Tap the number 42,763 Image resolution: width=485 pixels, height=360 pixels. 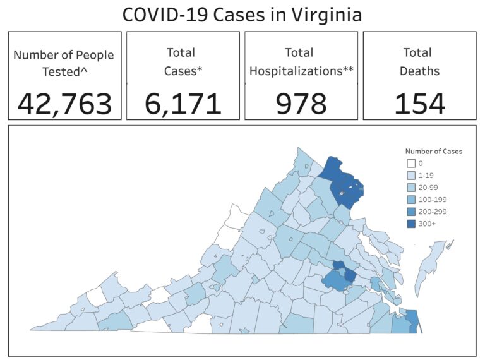coord(64,104)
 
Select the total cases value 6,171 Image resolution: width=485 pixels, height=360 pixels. coord(183,104)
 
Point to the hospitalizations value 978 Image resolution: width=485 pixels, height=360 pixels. coord(301,104)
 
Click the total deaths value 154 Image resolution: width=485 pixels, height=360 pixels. coord(419,104)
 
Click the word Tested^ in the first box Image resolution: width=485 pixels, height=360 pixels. coord(64,72)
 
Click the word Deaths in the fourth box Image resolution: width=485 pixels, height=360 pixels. coord(419,71)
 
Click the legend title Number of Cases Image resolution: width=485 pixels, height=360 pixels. coord(433,152)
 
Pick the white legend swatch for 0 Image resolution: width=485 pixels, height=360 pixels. coord(410,164)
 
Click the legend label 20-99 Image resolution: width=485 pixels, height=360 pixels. coord(428,188)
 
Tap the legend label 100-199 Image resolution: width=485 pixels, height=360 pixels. coord(431,200)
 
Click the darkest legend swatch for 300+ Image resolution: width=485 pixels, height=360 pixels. coord(410,224)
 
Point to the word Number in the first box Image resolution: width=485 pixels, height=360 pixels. coord(35,56)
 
